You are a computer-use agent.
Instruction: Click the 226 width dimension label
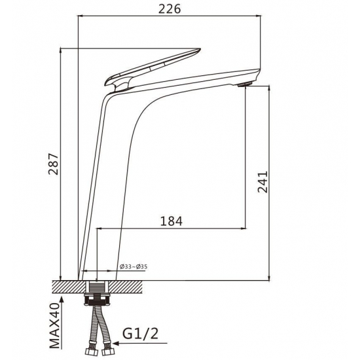[170, 9]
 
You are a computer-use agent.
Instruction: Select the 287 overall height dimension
[54, 164]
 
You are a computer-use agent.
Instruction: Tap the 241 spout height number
[262, 182]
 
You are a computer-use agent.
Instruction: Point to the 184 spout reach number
[171, 221]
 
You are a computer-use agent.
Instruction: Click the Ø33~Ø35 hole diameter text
[134, 267]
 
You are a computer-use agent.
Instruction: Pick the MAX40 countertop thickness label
[54, 326]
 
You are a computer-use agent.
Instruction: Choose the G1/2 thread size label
[140, 334]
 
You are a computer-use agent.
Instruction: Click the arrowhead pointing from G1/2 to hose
[116, 344]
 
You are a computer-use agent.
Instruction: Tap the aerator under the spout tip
[245, 84]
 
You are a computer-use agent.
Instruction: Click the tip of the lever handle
[200, 49]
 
